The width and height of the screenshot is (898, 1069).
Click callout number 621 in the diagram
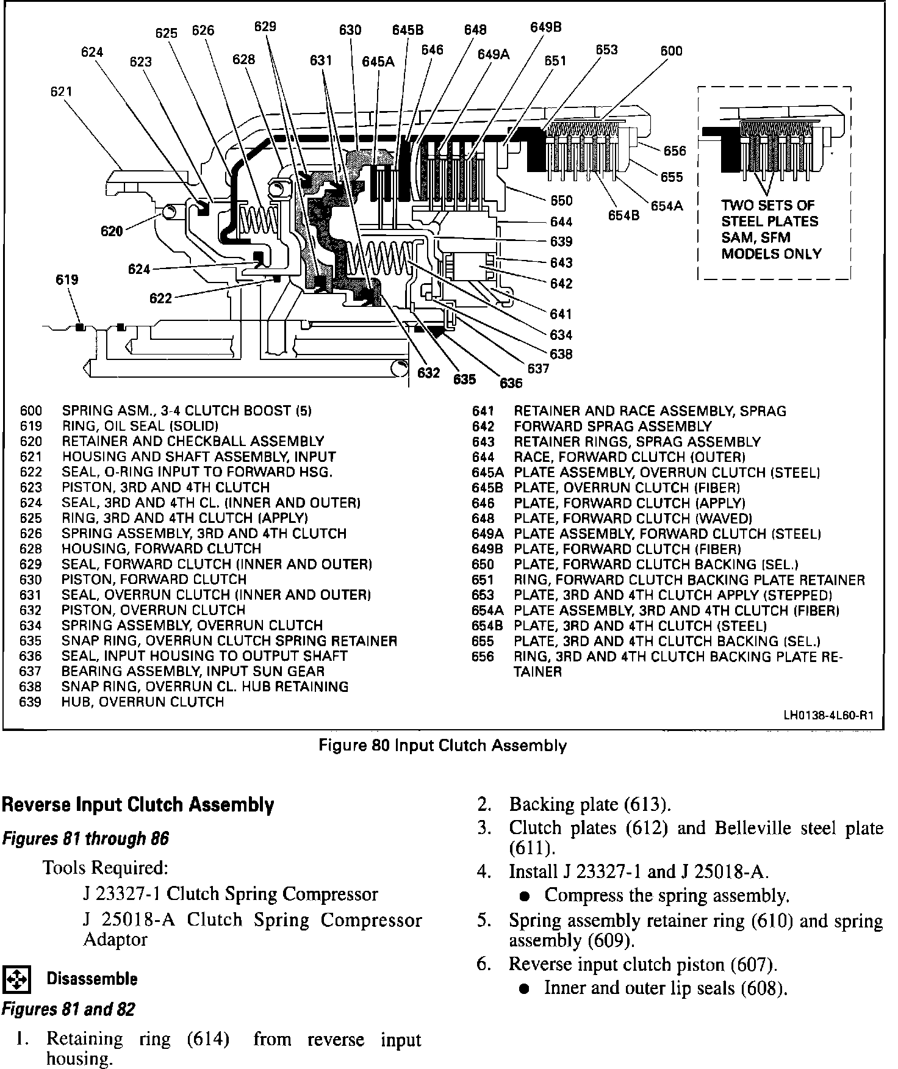[61, 92]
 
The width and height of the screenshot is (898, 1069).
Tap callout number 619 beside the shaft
[66, 280]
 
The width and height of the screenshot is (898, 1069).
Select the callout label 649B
[545, 27]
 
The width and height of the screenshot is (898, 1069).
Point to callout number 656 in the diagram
[674, 151]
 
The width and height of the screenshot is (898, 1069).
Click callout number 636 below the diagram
[511, 383]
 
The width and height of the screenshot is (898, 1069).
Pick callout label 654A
[666, 206]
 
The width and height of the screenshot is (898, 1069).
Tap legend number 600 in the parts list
[31, 411]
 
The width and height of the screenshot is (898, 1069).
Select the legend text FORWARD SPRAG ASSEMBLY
[612, 427]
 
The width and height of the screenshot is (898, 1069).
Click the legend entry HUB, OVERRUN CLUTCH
[143, 702]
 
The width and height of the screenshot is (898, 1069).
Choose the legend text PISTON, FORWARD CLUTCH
[154, 579]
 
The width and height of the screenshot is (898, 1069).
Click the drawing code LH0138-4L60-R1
[827, 716]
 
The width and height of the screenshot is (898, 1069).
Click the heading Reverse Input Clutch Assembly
[138, 805]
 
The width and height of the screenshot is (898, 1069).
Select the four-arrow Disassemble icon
[16, 979]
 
